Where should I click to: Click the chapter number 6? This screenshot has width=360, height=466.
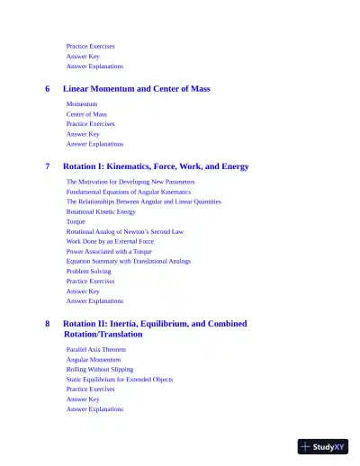[48, 89]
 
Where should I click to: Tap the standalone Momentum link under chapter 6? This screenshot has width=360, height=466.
[82, 104]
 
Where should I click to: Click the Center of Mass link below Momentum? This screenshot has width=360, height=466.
[86, 114]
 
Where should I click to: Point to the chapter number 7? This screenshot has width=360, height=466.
[48, 166]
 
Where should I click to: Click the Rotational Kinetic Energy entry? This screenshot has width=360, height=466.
[101, 211]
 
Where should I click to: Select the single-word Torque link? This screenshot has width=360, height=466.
[76, 221]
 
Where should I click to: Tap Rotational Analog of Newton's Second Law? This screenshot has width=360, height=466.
[124, 231]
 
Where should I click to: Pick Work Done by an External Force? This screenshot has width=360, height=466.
[110, 241]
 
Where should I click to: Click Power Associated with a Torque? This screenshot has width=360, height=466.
[109, 251]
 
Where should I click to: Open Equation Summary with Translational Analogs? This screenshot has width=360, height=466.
[128, 261]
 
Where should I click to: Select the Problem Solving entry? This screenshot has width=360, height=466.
[88, 271]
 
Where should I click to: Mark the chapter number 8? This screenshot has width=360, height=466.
[48, 323]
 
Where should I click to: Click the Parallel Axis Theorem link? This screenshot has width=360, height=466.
[96, 349]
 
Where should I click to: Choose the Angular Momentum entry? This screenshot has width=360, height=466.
[93, 359]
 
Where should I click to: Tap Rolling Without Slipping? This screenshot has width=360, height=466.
[99, 369]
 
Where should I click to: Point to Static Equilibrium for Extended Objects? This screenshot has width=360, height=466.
[119, 379]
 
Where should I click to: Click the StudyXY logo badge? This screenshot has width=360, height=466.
[323, 445]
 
